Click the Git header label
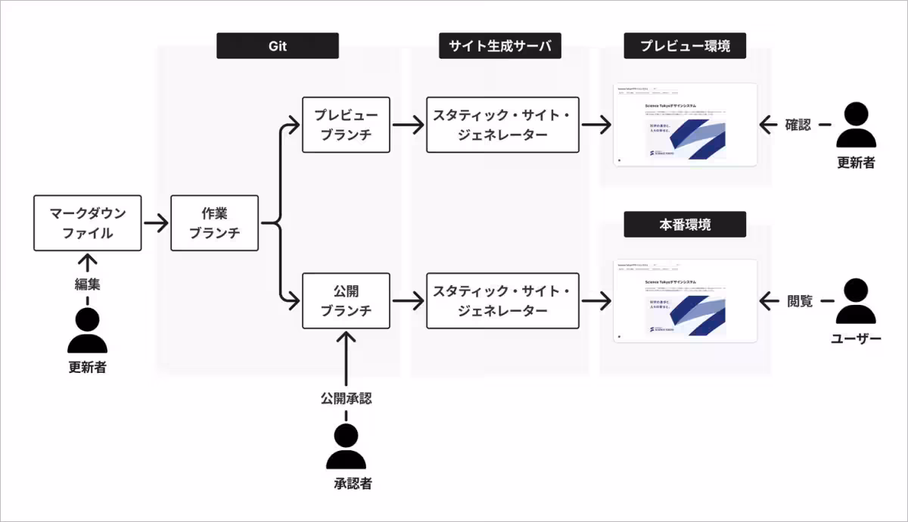pos(277,46)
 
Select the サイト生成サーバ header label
pos(500,46)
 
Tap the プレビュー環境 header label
pos(685,46)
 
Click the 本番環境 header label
pos(685,225)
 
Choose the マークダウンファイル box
pos(88,223)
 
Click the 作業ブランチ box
pos(215,223)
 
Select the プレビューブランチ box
pos(346,124)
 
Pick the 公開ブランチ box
pos(346,301)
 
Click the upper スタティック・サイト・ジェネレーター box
pos(502,124)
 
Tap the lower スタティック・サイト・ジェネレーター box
pos(502,301)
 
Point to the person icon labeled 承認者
pos(346,446)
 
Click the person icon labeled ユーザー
pos(856,302)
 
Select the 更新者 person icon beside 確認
pos(856,125)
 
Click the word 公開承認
pos(346,398)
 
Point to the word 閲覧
pos(800,301)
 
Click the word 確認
pos(798,125)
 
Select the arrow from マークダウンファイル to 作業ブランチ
pos(156,223)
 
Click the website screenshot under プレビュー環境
pos(685,125)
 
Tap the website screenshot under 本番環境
pos(685,301)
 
